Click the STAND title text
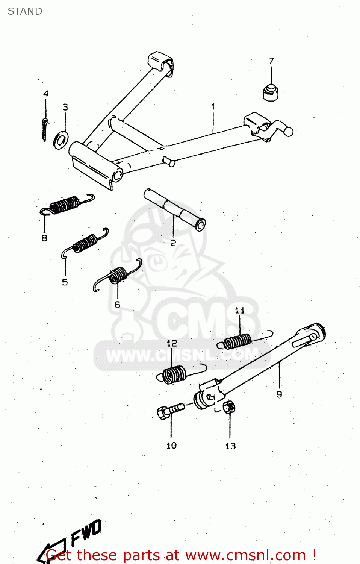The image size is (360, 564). pyautogui.click(x=25, y=11)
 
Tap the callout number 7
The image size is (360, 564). pyautogui.click(x=271, y=61)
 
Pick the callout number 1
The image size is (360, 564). pyautogui.click(x=213, y=107)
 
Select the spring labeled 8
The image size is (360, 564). pyautogui.click(x=66, y=205)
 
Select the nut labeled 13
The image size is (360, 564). pyautogui.click(x=228, y=407)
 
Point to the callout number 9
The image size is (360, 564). pyautogui.click(x=279, y=394)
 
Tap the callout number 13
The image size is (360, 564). pyautogui.click(x=230, y=446)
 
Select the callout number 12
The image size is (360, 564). pyautogui.click(x=172, y=343)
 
